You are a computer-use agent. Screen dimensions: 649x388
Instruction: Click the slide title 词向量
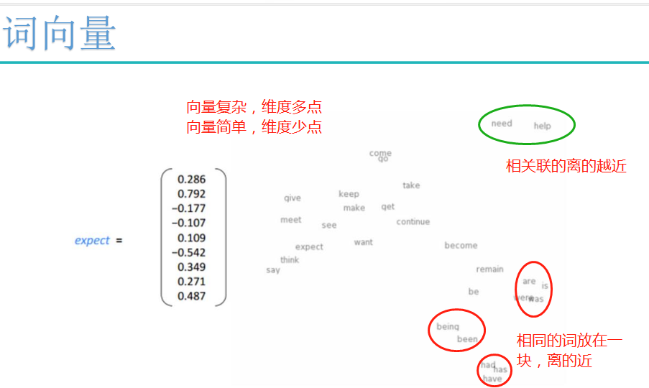60,34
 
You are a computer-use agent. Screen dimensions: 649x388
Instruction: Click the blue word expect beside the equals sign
92,241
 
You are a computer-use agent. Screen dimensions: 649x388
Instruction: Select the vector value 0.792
191,194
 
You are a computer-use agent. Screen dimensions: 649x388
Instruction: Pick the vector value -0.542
188,252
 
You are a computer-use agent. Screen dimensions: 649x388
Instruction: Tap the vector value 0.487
191,296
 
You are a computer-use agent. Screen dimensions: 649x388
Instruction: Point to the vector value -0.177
188,208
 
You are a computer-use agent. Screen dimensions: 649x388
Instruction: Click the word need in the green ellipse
502,124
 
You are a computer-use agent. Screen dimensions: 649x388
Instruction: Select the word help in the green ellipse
542,126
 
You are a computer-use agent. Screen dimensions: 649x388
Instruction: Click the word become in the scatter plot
461,246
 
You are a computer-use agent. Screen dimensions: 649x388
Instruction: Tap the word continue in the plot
413,222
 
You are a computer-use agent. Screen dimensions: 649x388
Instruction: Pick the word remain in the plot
489,269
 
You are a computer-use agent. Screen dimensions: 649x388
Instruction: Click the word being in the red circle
448,327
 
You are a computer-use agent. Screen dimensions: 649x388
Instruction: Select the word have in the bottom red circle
492,379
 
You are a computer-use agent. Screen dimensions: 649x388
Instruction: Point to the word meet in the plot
290,220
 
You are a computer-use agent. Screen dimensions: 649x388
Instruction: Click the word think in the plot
290,260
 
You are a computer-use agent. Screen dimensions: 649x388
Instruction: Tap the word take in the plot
411,185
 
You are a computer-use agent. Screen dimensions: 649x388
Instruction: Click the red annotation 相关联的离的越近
566,167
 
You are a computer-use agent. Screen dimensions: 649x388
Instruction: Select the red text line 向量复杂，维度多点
254,108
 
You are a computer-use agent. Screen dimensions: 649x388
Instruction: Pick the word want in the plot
363,243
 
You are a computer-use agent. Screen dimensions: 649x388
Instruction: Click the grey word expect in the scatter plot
309,247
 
